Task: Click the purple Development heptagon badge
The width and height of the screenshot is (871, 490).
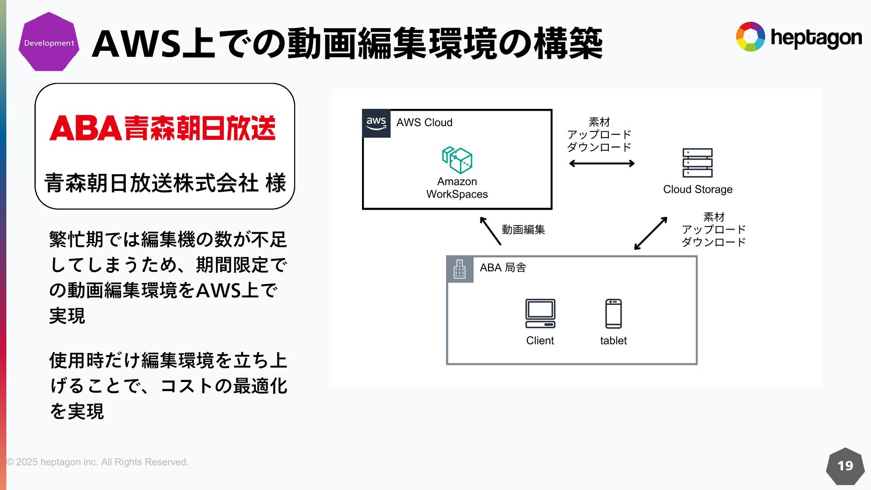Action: click(x=49, y=42)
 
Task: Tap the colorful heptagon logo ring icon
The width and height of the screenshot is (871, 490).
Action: click(x=750, y=37)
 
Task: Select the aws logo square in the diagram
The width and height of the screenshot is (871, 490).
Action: click(x=377, y=123)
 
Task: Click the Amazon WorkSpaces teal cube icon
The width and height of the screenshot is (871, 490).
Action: click(x=457, y=160)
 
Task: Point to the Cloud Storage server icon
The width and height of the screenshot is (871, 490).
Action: click(x=697, y=163)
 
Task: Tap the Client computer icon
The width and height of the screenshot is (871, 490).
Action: click(x=540, y=314)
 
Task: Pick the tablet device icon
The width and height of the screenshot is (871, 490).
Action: click(x=613, y=314)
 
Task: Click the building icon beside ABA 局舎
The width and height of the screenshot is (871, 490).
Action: click(x=460, y=269)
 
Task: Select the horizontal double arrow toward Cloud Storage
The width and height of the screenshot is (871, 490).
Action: click(x=602, y=163)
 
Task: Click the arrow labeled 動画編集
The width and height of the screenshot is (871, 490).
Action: click(x=490, y=231)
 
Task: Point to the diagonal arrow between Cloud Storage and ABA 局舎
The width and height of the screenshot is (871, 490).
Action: click(x=651, y=233)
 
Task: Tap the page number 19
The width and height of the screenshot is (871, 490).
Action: click(x=845, y=466)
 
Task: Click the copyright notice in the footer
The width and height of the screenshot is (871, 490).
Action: click(x=97, y=462)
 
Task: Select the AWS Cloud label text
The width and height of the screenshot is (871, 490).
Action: click(x=424, y=122)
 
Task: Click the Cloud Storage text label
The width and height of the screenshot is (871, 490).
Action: click(x=698, y=189)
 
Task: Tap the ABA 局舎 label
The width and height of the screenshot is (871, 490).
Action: click(x=503, y=268)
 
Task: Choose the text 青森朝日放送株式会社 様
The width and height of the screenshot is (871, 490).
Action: click(x=165, y=183)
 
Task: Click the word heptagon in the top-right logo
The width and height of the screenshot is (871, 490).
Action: click(x=816, y=38)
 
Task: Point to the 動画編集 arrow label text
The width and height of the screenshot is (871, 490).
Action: click(x=523, y=230)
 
